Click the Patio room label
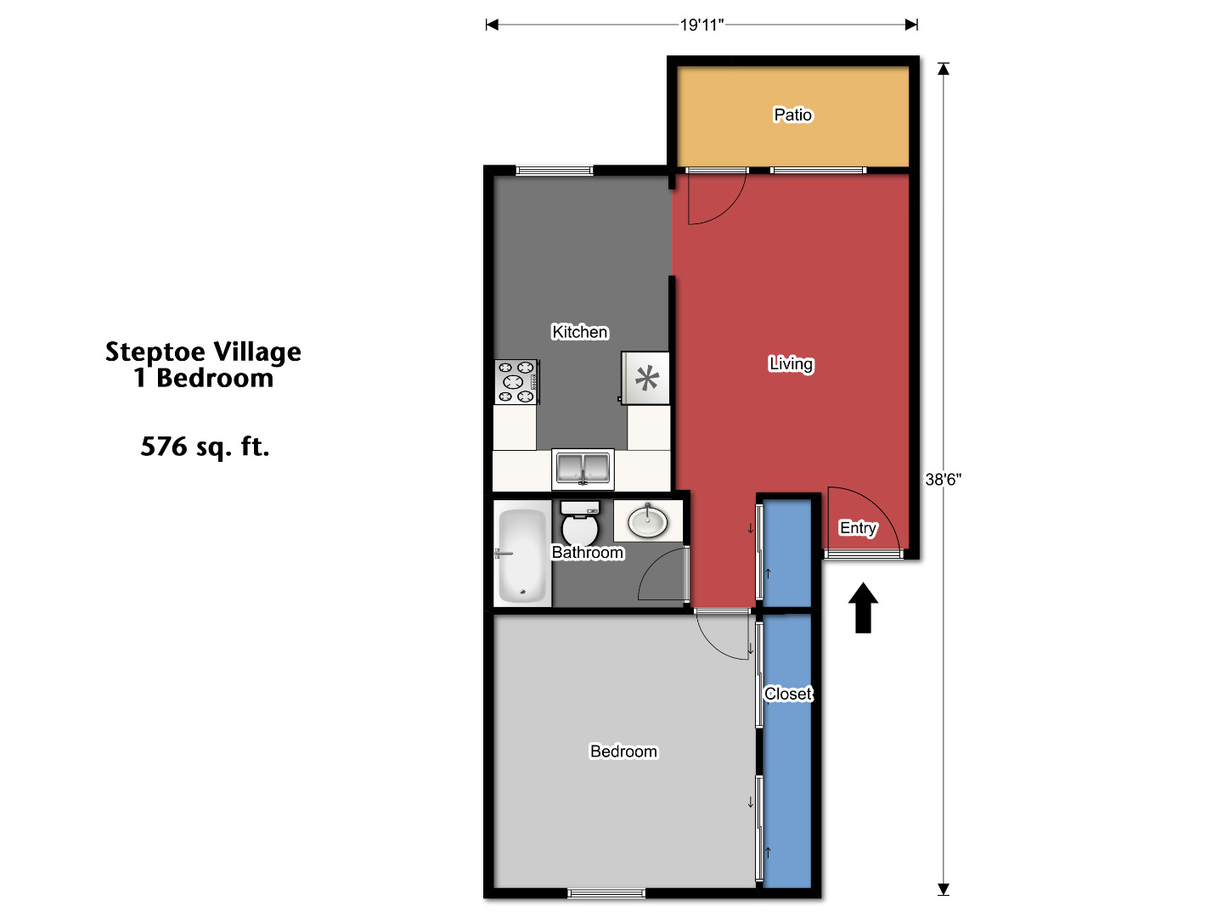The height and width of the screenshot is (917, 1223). [792, 115]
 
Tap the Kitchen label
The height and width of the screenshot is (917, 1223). [580, 332]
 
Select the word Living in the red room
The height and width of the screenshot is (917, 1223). [791, 364]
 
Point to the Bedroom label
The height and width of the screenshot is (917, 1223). [623, 751]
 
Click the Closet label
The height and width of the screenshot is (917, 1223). [788, 694]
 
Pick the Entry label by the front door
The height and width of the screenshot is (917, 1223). [858, 528]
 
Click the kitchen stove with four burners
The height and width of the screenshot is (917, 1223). [516, 382]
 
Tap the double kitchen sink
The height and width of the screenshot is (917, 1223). [583, 469]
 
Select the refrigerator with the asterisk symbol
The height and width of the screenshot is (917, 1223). [646, 378]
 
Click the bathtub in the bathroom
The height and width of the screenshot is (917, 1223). [521, 555]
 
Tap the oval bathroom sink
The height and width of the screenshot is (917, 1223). [648, 520]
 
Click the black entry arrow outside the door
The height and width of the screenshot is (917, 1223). [864, 608]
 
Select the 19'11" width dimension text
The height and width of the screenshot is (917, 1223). [702, 25]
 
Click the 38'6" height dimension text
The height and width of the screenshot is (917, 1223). [943, 480]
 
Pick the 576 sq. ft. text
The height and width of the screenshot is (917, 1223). [205, 447]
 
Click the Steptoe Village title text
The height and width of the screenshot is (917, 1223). [203, 352]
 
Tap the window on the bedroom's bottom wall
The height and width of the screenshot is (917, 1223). [606, 892]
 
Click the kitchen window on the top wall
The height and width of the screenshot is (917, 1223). [555, 171]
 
